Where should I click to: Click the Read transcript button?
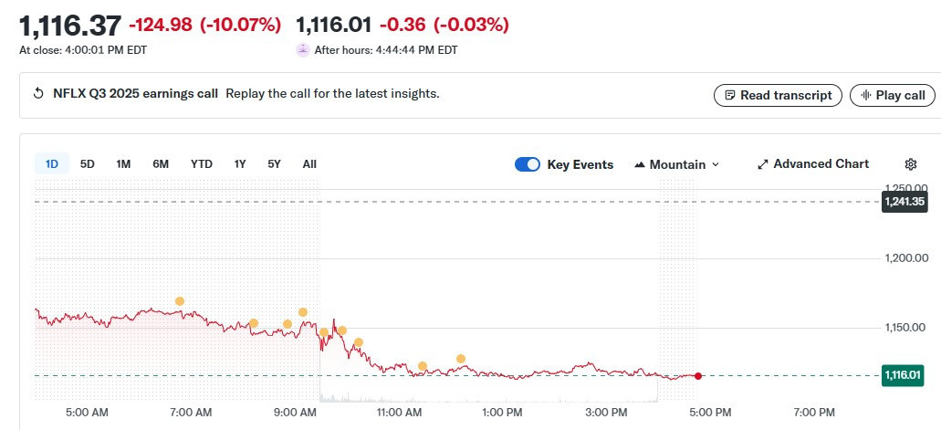click(778, 95)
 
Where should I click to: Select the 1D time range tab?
click(52, 164)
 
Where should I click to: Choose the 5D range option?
click(88, 164)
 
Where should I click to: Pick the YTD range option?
click(201, 164)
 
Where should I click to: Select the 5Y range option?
click(274, 164)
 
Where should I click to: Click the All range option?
click(309, 164)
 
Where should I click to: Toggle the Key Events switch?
click(528, 164)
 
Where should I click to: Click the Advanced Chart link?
click(812, 164)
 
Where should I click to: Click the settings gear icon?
click(910, 164)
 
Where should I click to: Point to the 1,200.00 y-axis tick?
click(907, 258)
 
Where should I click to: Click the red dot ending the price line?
click(698, 376)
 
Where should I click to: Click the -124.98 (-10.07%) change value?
click(204, 25)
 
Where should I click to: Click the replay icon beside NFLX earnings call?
click(38, 94)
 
